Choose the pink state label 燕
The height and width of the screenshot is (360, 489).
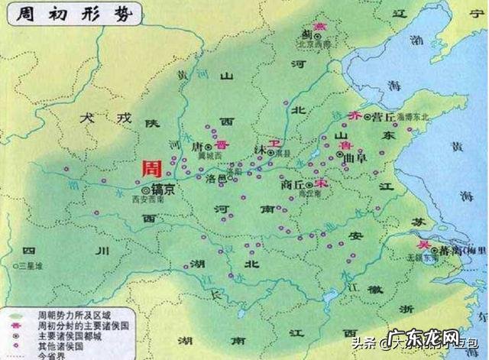pyautogui.click(x=309, y=26)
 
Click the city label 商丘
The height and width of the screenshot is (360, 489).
pyautogui.click(x=293, y=185)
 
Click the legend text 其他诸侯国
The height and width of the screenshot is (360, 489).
pyautogui.click(x=58, y=345)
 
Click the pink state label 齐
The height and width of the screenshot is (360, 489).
pyautogui.click(x=352, y=115)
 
